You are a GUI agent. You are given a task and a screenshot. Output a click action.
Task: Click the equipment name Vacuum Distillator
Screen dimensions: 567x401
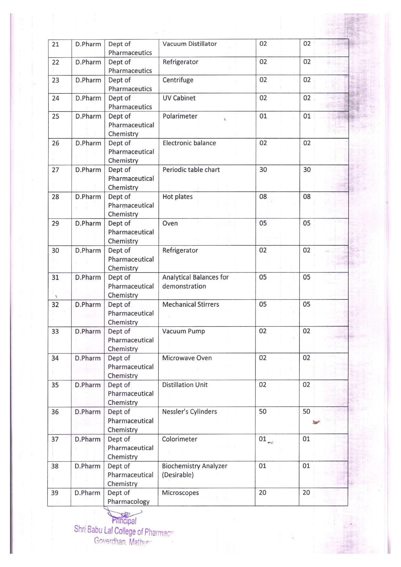(190, 44)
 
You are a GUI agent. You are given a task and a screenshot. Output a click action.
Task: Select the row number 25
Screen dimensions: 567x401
(56, 116)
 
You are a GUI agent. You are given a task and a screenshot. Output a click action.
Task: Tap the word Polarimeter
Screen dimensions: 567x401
(180, 116)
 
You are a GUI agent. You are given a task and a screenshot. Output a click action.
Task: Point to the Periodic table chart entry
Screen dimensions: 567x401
(191, 170)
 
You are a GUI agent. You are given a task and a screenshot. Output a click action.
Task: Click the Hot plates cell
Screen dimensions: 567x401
(178, 197)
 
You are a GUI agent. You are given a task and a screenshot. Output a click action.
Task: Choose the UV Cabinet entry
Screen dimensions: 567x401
(179, 98)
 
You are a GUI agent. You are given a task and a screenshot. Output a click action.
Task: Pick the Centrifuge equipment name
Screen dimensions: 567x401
(178, 80)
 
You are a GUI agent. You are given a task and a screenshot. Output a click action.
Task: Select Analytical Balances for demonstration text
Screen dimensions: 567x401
(195, 282)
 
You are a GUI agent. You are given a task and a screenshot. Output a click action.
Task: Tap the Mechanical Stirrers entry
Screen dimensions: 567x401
(191, 305)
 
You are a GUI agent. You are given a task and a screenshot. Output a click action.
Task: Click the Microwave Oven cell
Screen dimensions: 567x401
(187, 358)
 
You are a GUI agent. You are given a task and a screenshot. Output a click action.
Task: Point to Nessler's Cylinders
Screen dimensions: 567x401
(190, 412)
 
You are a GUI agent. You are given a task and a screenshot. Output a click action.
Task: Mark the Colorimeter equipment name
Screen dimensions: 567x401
(179, 439)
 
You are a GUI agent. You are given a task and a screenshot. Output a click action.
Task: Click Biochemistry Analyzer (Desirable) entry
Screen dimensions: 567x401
(195, 470)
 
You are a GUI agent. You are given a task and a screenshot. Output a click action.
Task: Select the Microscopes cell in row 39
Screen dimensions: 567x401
(180, 493)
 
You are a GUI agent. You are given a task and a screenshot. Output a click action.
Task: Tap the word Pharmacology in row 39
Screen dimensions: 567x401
(128, 502)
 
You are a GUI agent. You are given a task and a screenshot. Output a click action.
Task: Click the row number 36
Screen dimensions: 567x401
(55, 412)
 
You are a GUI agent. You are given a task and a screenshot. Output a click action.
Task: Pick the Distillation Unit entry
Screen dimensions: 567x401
(185, 385)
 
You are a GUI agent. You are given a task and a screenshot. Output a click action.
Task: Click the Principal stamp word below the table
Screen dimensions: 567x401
(124, 521)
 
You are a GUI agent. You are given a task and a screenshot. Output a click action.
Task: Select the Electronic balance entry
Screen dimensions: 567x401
(189, 143)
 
